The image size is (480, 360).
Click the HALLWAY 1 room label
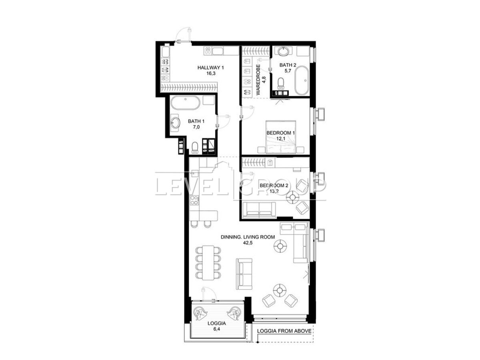[210, 68]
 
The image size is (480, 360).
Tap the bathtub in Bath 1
[185, 103]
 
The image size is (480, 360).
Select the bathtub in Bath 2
[301, 80]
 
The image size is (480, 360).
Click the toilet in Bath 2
[280, 84]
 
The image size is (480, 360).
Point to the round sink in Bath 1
[175, 123]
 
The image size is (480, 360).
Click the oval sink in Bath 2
[283, 51]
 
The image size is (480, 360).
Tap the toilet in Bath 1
[195, 148]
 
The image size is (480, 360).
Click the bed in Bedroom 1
[280, 137]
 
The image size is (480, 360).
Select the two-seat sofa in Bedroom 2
[259, 210]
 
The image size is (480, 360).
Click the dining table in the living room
[208, 262]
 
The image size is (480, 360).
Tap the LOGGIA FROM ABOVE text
[284, 331]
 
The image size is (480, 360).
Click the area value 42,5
[248, 243]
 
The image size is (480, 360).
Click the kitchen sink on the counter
[194, 174]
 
